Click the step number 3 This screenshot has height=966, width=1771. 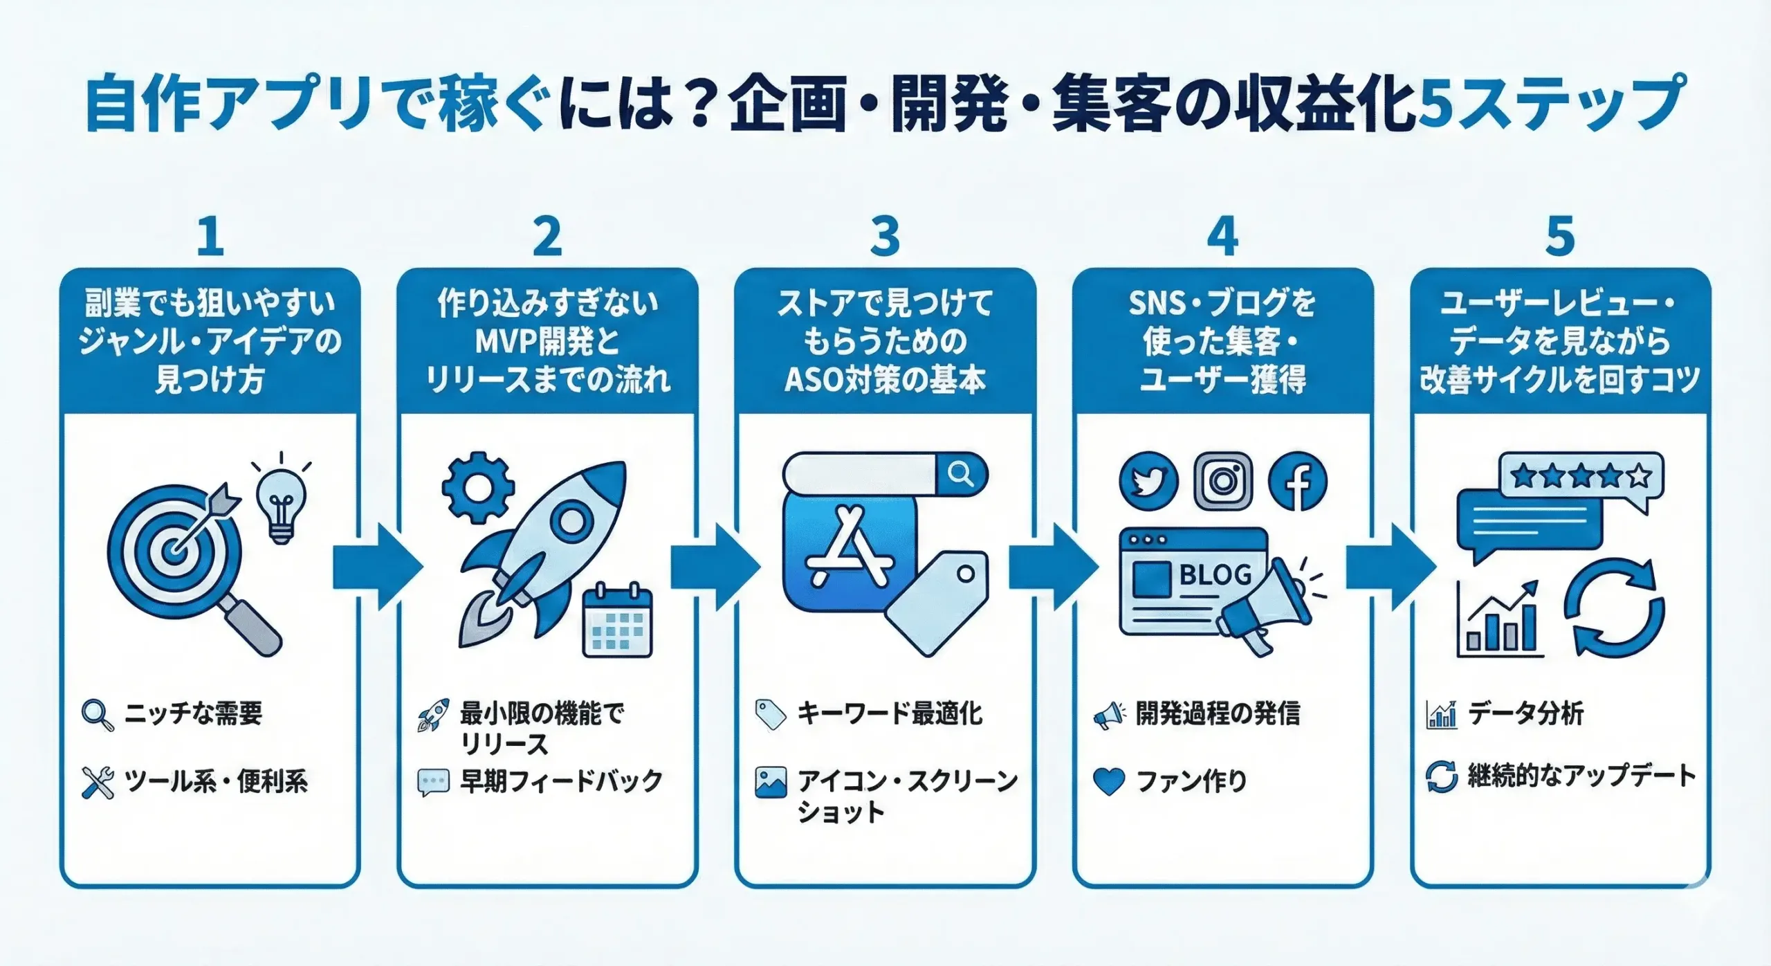[x=885, y=237]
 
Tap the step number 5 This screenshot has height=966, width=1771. [x=1560, y=237]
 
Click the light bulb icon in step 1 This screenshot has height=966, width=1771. [x=281, y=501]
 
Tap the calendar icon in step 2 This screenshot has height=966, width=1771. [x=617, y=621]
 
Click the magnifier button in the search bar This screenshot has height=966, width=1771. [x=961, y=475]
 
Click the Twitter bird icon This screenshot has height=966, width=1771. [x=1148, y=482]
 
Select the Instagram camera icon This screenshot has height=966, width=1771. [x=1223, y=482]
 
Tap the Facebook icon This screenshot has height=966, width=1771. [x=1298, y=482]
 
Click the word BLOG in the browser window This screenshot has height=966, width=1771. [x=1215, y=574]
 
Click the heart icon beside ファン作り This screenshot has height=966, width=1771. [x=1109, y=781]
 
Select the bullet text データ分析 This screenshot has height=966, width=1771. [x=1525, y=713]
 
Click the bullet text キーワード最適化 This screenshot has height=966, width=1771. [x=890, y=713]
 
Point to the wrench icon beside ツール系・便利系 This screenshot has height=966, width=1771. [x=98, y=783]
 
